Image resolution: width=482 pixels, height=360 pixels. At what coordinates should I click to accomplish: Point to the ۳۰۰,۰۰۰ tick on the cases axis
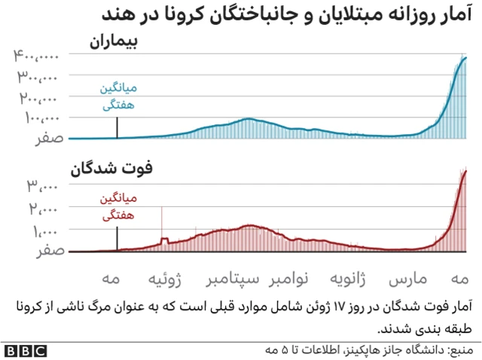pos(38,77)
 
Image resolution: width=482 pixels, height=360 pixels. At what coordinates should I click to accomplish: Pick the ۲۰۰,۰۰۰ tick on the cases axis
pos(38,98)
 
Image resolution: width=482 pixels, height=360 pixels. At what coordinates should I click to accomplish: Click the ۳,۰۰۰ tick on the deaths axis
pos(46,185)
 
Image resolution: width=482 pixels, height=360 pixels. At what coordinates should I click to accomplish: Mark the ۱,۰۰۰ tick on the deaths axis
pos(46,230)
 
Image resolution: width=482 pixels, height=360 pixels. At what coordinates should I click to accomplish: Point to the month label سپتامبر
pos(233,281)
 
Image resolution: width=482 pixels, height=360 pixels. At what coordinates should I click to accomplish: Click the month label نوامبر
pos(289,281)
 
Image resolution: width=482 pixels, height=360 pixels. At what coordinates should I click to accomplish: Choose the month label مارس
pos(407,281)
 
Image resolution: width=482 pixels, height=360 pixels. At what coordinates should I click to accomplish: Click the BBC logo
pos(25,350)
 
